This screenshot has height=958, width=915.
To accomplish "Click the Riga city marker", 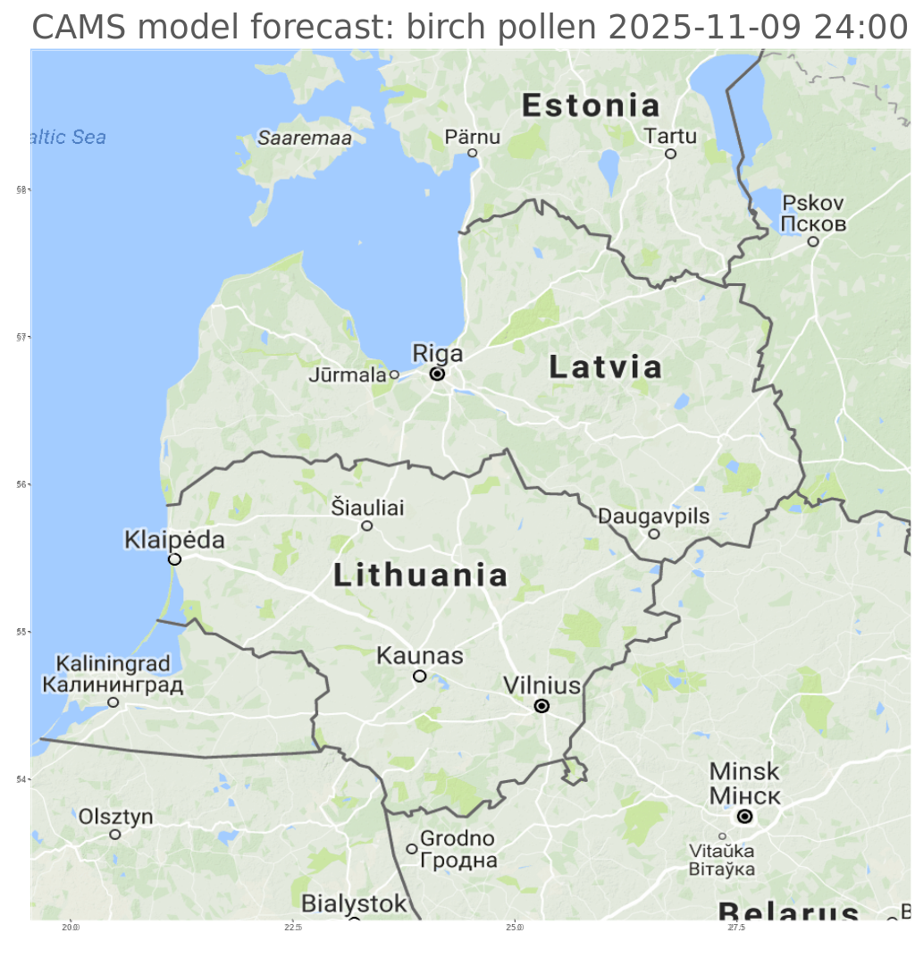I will [x=437, y=374].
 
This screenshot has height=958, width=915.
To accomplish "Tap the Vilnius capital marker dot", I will [x=541, y=706].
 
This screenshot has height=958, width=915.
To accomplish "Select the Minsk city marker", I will [x=744, y=816].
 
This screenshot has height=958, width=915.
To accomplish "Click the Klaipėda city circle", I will [x=174, y=559].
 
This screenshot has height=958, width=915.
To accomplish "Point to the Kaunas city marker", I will [x=419, y=676].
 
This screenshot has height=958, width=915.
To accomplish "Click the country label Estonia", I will [x=591, y=105].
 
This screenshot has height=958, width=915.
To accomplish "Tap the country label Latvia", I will [x=605, y=366].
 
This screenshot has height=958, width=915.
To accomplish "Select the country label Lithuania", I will [x=421, y=575].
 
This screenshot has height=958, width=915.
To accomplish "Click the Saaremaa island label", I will [x=305, y=138].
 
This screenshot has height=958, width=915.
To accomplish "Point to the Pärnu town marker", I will [x=473, y=153].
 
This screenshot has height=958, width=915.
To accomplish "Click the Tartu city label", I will [x=670, y=136].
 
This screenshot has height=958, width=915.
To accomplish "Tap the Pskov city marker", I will [x=813, y=241].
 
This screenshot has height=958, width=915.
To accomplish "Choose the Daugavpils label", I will [x=653, y=516].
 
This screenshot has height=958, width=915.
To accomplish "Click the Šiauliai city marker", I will [x=366, y=525].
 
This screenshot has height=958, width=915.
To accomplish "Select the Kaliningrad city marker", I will [x=113, y=702].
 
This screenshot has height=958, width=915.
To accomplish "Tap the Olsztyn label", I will [x=115, y=817].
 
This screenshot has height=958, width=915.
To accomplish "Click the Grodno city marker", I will [x=412, y=849].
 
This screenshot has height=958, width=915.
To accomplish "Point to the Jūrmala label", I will [x=348, y=375].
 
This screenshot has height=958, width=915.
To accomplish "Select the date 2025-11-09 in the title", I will [x=706, y=29].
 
